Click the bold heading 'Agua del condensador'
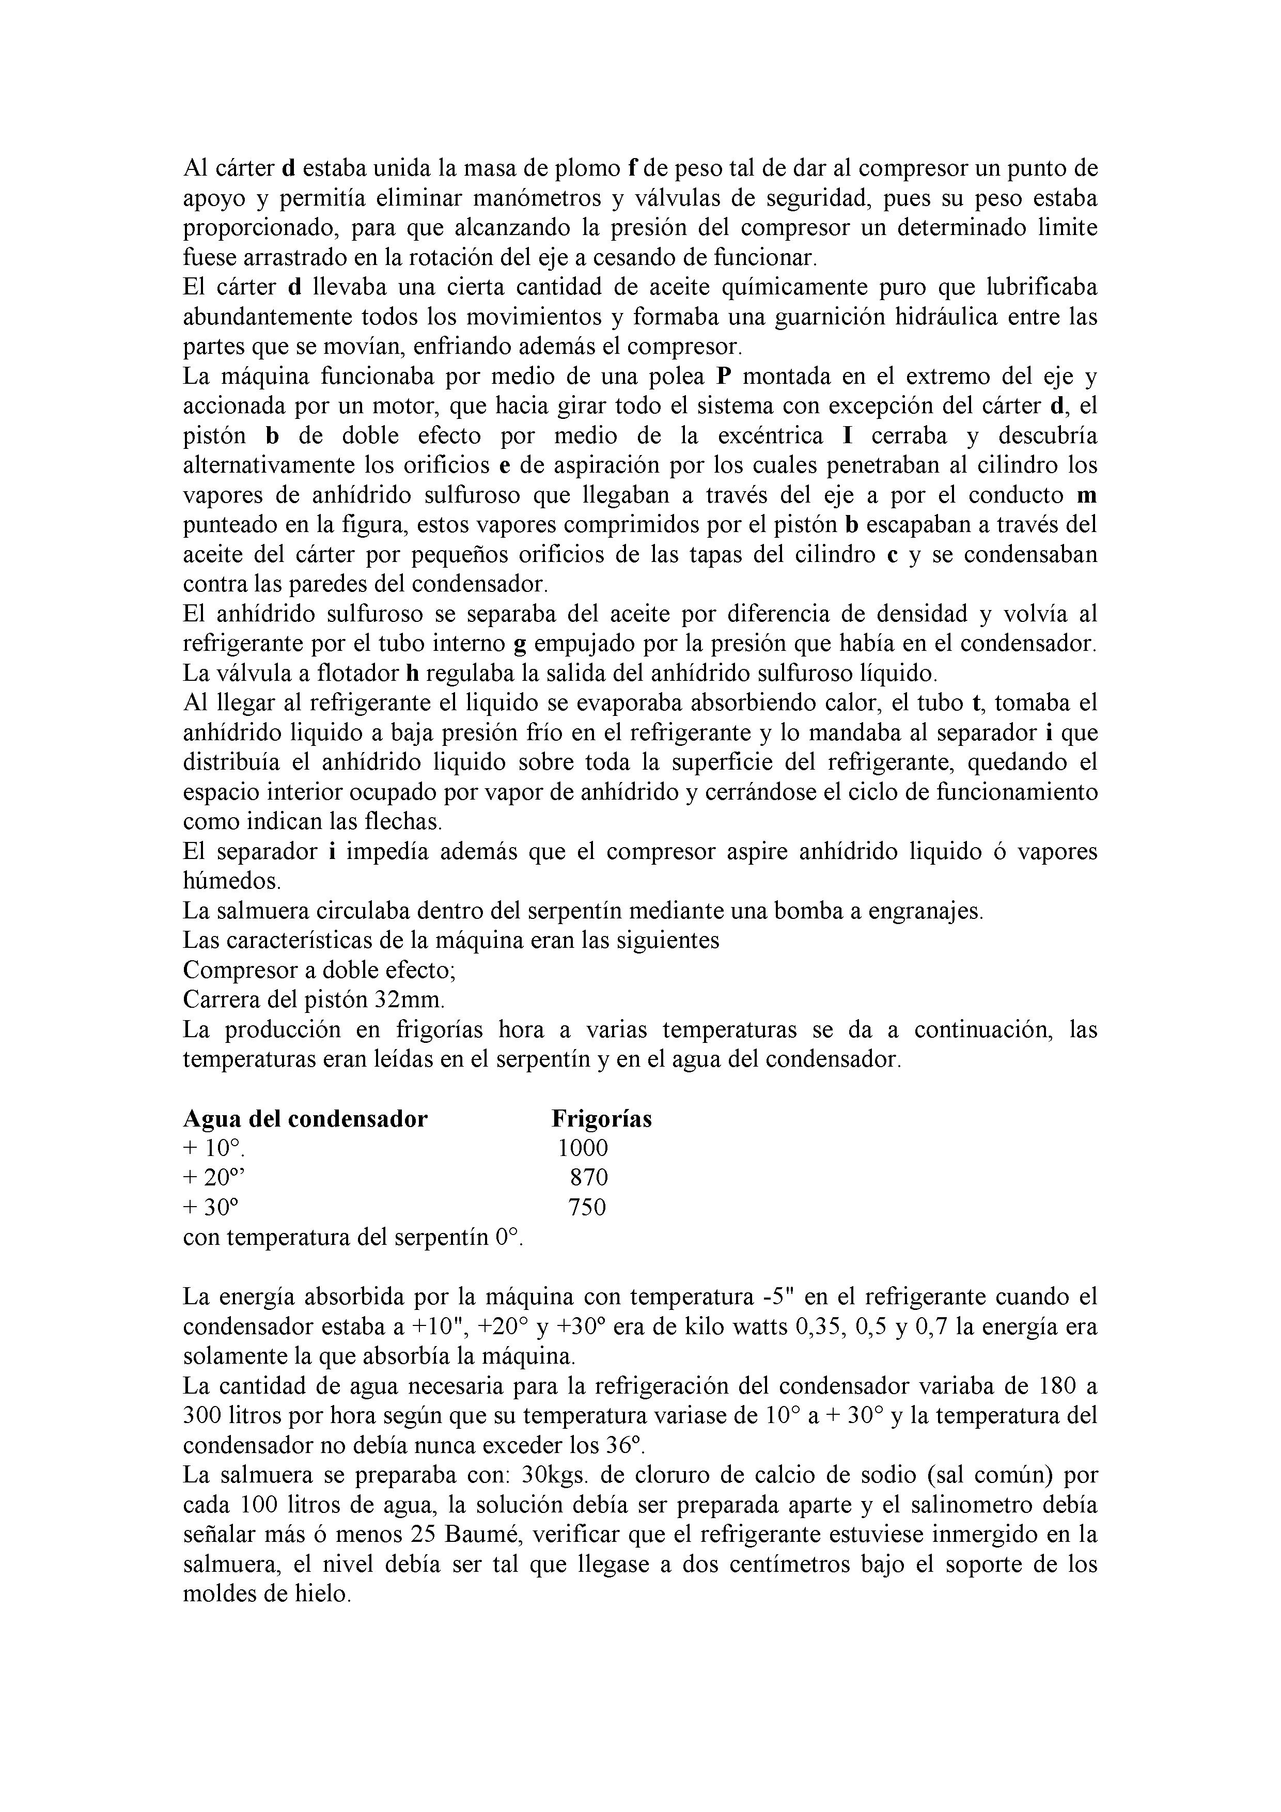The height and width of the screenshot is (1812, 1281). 305,1119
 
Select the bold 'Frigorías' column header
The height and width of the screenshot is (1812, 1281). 601,1119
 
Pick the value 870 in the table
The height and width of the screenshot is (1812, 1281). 589,1178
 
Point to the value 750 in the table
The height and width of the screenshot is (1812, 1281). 587,1208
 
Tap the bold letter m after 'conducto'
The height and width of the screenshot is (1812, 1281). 1088,496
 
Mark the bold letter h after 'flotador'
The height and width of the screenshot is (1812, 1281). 411,673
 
